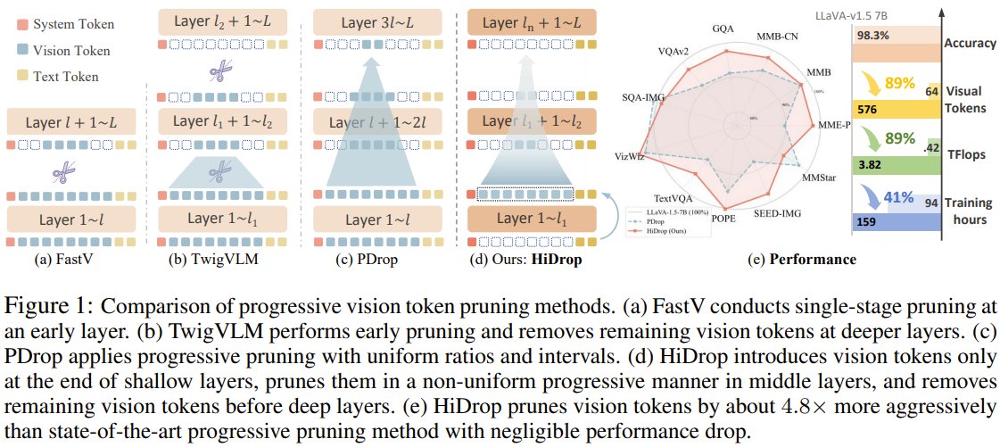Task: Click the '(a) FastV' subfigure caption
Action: [x=69, y=260]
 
